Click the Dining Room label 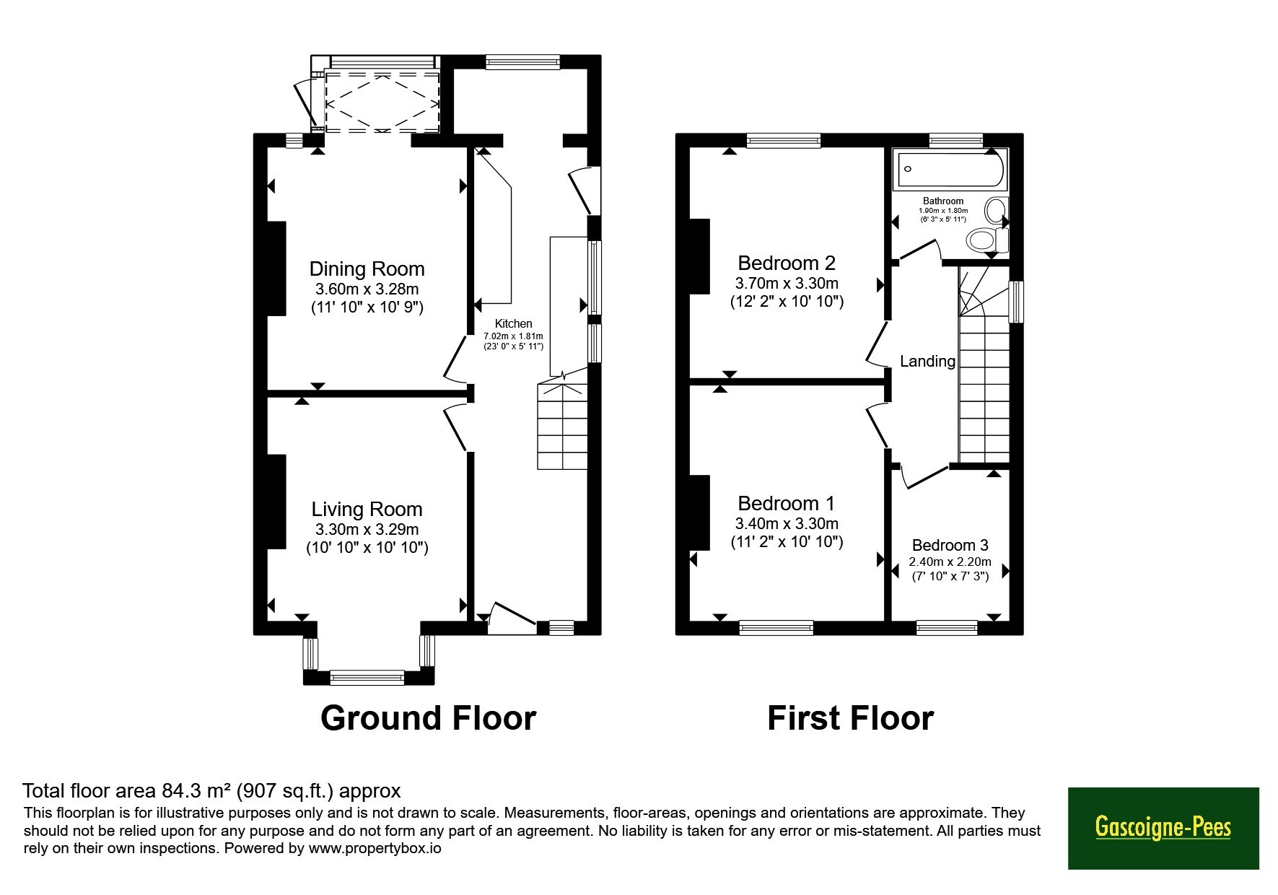pyautogui.click(x=367, y=269)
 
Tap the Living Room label pyautogui.click(x=367, y=510)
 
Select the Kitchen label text pyautogui.click(x=513, y=324)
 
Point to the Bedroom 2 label pyautogui.click(x=787, y=263)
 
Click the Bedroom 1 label pyautogui.click(x=787, y=503)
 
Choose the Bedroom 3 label pyautogui.click(x=950, y=546)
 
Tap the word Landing pyautogui.click(x=927, y=362)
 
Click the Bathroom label pyautogui.click(x=943, y=201)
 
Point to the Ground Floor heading pyautogui.click(x=428, y=718)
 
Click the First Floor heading pyautogui.click(x=850, y=718)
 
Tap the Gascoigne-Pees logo pyautogui.click(x=1163, y=827)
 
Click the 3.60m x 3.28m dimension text pyautogui.click(x=367, y=289)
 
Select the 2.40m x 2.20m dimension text pyautogui.click(x=950, y=562)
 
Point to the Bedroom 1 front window pyautogui.click(x=776, y=628)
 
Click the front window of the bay pyautogui.click(x=367, y=678)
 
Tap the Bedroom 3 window pyautogui.click(x=947, y=628)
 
